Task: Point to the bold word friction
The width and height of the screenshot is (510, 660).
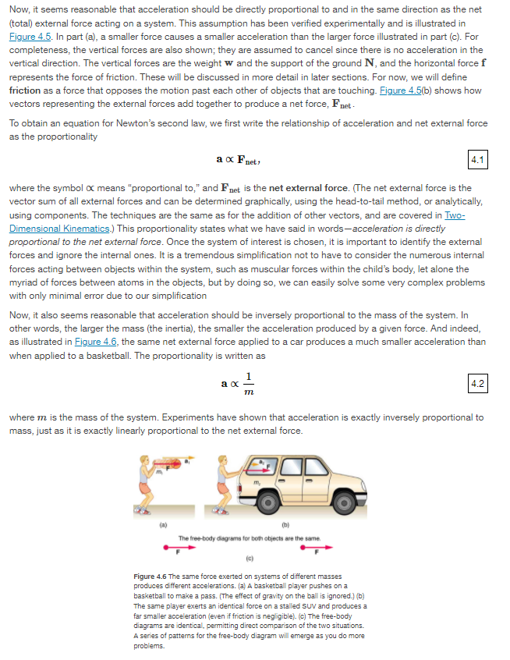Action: pyautogui.click(x=24, y=90)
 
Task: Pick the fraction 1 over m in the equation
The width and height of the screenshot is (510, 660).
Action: pyautogui.click(x=249, y=383)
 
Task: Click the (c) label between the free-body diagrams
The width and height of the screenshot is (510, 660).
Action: pyautogui.click(x=246, y=559)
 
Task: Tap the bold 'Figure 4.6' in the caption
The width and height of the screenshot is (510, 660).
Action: pyautogui.click(x=151, y=577)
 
